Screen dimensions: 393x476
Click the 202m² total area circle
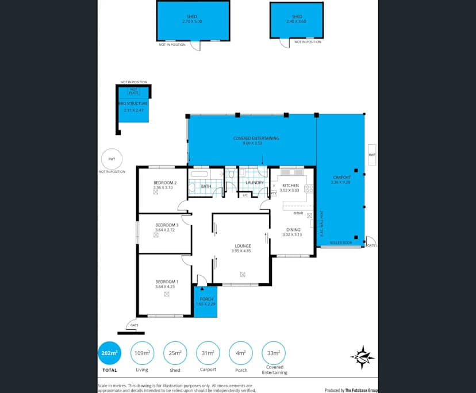point(109,353)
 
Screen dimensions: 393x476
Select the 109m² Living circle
point(142,353)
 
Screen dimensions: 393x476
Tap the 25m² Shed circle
point(175,353)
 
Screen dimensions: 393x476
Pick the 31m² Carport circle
point(208,353)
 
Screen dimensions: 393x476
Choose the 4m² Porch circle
point(240,353)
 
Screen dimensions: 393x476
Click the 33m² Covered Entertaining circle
point(273,353)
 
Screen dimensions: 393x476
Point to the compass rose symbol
point(362,357)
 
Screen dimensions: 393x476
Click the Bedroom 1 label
point(166,282)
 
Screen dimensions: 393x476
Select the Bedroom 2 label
point(164,183)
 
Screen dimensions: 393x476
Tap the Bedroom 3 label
point(166,225)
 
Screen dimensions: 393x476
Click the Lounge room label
point(241,246)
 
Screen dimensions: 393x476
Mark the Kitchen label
point(290,185)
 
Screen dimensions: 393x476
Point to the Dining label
point(291,230)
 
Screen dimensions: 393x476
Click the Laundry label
point(254,183)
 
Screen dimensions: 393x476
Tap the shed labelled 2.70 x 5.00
point(193,21)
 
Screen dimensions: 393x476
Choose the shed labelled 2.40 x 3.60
point(297,20)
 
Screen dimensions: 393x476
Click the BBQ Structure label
point(133,103)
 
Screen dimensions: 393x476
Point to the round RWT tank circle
point(112,159)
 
